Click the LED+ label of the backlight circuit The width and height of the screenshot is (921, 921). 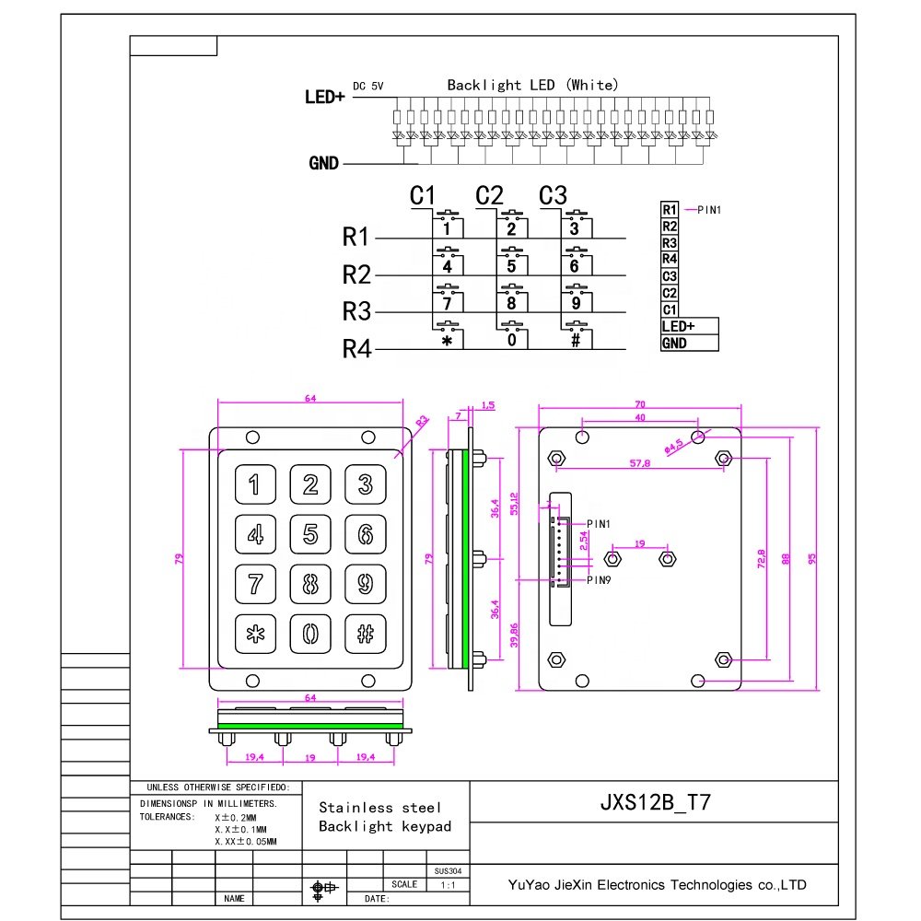coord(324,96)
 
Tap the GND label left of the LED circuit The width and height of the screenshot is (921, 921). coord(324,164)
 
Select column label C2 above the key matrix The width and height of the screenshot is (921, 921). coord(490,195)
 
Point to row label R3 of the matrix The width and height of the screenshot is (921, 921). coord(356,311)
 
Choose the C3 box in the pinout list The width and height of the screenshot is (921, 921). coord(670,276)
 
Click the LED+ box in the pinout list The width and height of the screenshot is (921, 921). coord(678,326)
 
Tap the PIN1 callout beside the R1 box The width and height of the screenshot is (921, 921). coord(709,210)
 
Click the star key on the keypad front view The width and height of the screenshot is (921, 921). coord(255,634)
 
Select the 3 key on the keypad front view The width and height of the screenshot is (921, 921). coord(366,484)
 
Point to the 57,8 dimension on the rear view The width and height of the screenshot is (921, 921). coord(640,464)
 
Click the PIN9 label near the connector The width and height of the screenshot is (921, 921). coord(598,580)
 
